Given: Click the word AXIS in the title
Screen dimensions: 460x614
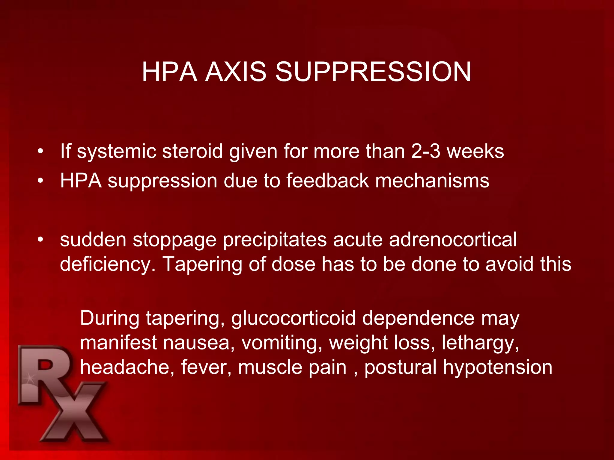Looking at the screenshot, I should (x=236, y=72).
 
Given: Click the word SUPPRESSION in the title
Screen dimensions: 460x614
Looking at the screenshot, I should (x=373, y=72).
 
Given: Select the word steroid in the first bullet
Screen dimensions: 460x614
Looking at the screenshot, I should (x=192, y=151).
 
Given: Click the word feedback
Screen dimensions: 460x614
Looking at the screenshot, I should (x=327, y=181).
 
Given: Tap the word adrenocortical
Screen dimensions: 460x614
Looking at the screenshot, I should (x=453, y=240).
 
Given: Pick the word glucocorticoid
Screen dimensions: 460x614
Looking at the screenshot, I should (x=293, y=319).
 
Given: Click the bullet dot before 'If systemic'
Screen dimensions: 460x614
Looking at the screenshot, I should (x=40, y=151).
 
